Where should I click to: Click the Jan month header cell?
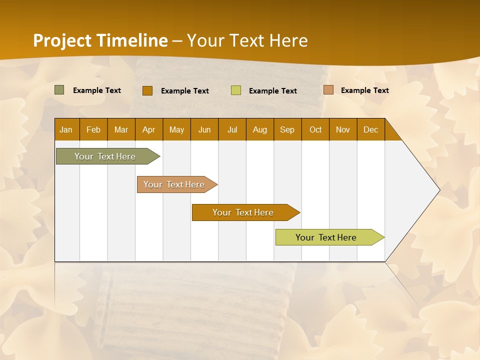click(66, 129)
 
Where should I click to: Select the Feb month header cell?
click(93, 129)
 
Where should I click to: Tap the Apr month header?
click(149, 129)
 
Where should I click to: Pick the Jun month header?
click(204, 129)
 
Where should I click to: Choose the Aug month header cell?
click(260, 129)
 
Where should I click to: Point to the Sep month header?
click(287, 129)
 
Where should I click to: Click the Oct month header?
click(315, 129)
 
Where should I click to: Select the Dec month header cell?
click(371, 129)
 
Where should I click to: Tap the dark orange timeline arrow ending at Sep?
click(243, 212)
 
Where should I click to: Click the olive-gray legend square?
click(59, 90)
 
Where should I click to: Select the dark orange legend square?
click(147, 90)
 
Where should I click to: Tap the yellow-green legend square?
click(236, 90)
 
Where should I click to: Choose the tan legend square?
click(328, 90)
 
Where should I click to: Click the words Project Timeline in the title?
click(100, 40)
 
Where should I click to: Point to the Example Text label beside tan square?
click(364, 90)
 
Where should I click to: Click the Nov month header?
click(343, 129)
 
